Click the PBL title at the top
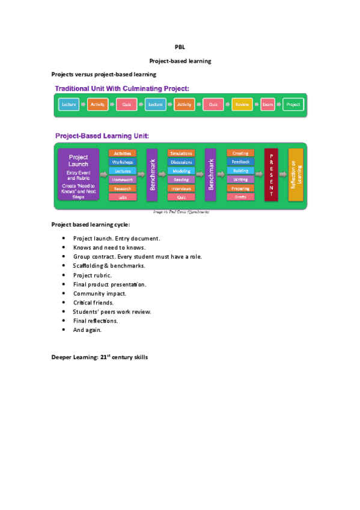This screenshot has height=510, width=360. [180, 46]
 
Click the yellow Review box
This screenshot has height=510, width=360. [242, 105]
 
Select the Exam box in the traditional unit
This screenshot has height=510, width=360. [267, 105]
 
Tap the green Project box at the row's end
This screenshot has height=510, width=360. [293, 105]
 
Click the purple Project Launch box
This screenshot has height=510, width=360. [78, 174]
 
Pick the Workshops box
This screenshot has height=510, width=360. [123, 162]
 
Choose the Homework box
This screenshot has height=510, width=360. [123, 179]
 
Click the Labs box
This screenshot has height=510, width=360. [123, 197]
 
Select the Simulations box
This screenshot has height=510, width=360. [181, 154]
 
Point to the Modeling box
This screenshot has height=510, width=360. [181, 171]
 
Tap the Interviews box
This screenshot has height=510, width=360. [181, 188]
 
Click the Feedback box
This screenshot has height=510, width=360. [240, 162]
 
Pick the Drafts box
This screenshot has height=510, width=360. [240, 197]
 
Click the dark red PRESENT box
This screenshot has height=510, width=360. [271, 174]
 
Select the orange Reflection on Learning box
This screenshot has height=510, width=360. [295, 174]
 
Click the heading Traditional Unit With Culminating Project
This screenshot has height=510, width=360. [122, 88]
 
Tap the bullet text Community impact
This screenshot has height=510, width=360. [100, 293]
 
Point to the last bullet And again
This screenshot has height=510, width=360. [88, 330]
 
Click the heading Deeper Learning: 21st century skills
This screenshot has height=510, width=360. [100, 357]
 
